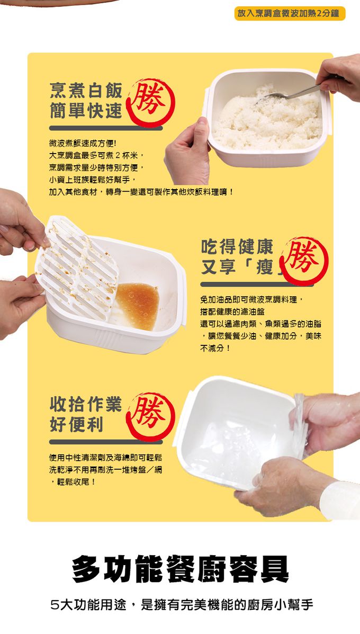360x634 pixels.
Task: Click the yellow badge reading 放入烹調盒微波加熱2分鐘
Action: [290, 13]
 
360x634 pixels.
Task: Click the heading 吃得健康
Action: [237, 246]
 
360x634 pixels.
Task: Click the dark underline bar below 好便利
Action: [106, 442]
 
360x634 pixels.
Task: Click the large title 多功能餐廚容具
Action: [181, 569]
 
